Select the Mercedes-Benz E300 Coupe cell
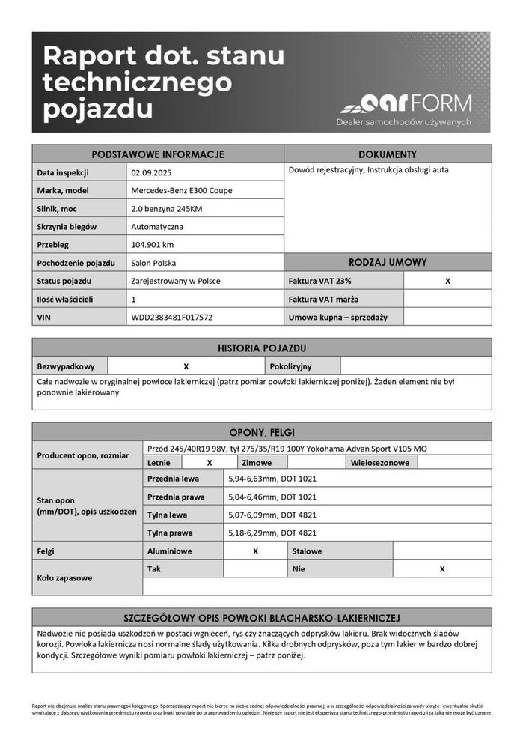coord(181,190)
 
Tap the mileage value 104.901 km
coord(153,245)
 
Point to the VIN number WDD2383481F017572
coord(171,318)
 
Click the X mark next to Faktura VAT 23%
coord(447,281)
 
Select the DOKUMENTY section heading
coord(388,154)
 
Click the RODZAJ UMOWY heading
coord(388,263)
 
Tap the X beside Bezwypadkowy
coord(186,366)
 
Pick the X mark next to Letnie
coord(210,463)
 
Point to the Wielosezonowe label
coord(380,463)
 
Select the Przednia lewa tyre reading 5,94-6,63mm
coord(272,479)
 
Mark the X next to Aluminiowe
coord(255,551)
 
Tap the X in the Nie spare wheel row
coord(442,569)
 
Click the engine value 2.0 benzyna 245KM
coord(166,209)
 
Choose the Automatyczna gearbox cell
coord(157,227)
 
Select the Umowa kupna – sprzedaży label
coord(337,318)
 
